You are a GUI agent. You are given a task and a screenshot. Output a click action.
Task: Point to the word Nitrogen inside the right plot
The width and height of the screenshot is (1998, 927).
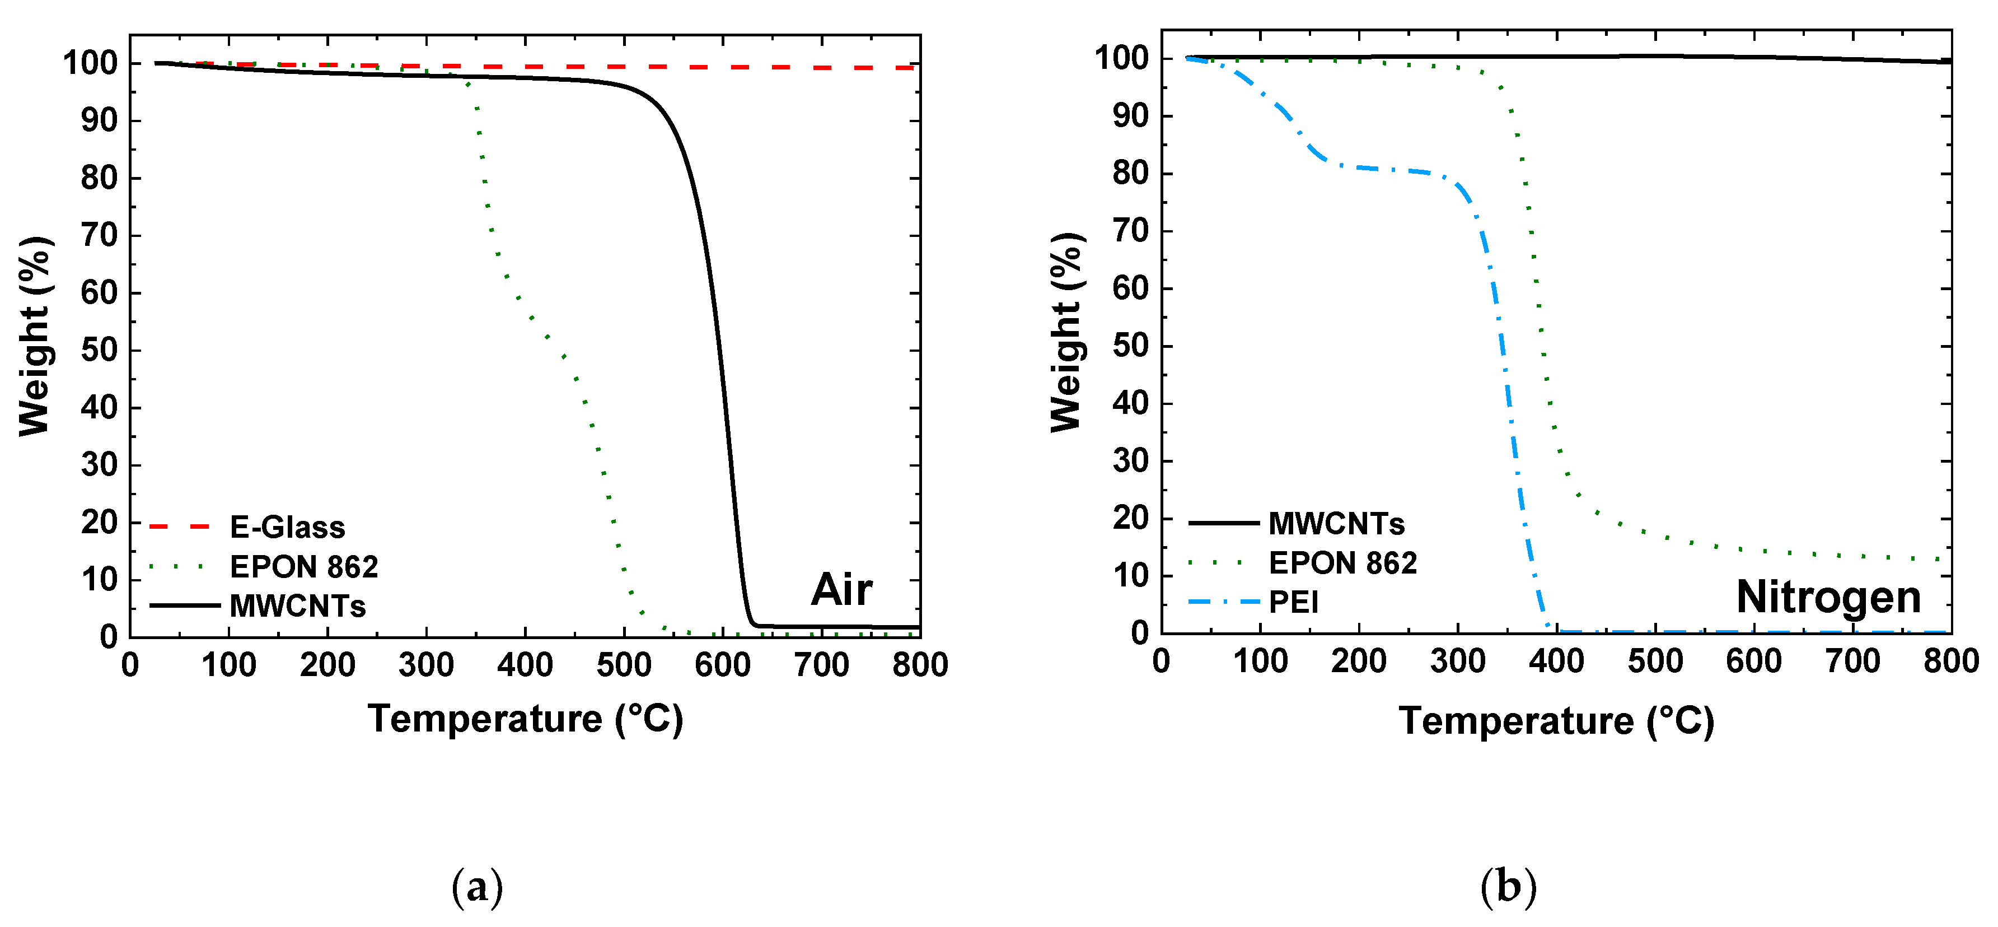coord(1828,597)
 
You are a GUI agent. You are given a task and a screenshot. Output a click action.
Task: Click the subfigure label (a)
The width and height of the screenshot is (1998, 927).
coord(477,886)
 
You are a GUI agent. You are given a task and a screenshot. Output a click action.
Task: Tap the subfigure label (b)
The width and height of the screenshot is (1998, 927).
coord(1508,886)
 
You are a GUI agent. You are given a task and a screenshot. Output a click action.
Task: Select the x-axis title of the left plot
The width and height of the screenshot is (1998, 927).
coord(525,719)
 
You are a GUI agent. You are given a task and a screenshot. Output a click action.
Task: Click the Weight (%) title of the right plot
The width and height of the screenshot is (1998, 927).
coord(1067,332)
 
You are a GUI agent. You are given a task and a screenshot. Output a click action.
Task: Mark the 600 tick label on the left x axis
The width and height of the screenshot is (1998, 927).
coord(722,665)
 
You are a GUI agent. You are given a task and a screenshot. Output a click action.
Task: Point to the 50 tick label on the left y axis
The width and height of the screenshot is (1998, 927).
coord(99,351)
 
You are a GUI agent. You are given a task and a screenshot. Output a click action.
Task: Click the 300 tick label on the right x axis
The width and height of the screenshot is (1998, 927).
coord(1457,662)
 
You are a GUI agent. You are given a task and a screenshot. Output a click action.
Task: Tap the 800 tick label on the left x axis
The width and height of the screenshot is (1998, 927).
coord(920,665)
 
